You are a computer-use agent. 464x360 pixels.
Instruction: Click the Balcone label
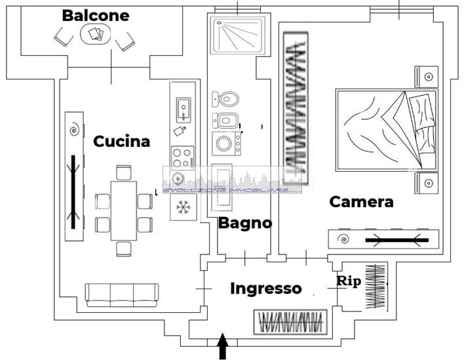click(95, 16)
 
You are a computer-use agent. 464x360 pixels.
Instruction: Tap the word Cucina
click(121, 141)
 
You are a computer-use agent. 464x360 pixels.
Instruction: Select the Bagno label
click(244, 222)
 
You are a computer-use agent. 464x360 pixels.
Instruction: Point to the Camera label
click(361, 201)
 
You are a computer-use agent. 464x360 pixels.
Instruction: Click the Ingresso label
click(266, 288)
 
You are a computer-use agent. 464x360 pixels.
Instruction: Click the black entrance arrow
click(222, 346)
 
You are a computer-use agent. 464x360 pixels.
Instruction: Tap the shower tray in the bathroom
click(238, 34)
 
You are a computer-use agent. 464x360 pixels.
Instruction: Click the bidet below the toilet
click(226, 121)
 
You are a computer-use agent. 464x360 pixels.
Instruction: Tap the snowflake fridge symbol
click(183, 208)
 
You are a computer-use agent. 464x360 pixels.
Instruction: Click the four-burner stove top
click(183, 157)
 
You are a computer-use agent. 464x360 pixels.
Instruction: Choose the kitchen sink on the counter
click(183, 109)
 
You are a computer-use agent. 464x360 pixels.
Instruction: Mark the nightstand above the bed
click(426, 77)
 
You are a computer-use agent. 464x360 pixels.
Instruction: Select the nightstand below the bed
click(426, 182)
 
